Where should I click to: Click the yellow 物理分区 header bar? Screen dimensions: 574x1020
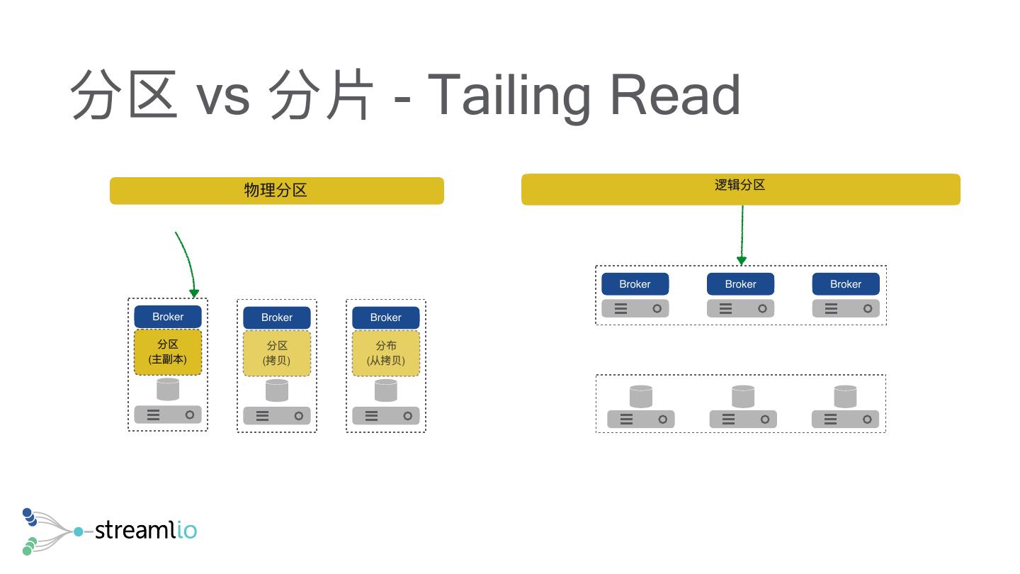pos(276,191)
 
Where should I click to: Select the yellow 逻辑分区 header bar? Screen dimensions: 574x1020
pos(740,189)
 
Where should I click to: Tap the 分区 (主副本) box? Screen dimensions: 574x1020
pos(168,352)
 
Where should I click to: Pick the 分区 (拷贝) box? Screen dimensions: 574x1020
pos(277,353)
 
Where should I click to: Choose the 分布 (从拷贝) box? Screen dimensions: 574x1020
pos(386,353)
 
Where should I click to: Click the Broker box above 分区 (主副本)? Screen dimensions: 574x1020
pos(168,317)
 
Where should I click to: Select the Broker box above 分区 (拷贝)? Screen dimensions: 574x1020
pos(277,317)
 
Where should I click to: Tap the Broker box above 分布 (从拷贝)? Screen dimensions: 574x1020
pos(386,317)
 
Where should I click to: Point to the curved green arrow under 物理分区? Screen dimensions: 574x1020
pos(188,262)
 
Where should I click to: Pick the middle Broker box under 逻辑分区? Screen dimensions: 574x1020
pos(740,284)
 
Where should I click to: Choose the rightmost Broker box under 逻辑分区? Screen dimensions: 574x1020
pos(846,284)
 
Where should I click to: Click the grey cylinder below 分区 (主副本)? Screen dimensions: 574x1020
pos(168,389)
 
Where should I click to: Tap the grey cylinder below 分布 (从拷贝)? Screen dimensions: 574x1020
pos(386,390)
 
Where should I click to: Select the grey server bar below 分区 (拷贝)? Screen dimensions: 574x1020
pos(277,416)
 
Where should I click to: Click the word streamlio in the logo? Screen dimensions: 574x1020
pos(145,530)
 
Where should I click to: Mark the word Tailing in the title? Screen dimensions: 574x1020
pos(509,96)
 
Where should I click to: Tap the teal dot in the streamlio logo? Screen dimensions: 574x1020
pos(78,531)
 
